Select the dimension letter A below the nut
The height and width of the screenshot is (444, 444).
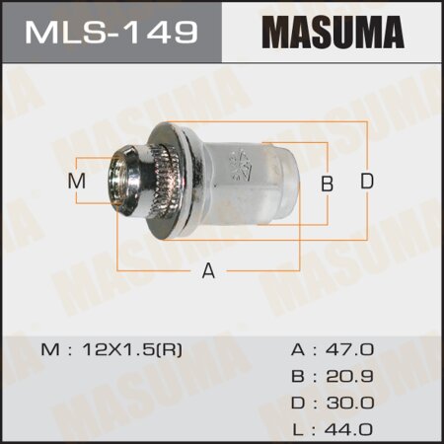(208, 272)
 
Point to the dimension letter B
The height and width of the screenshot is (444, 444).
(328, 183)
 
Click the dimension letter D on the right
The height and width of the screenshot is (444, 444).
(366, 182)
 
